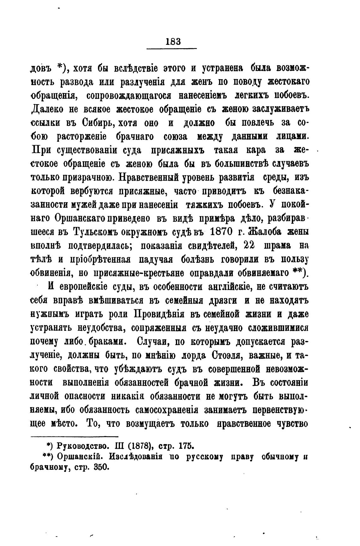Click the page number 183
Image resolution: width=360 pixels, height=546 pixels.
coord(172,41)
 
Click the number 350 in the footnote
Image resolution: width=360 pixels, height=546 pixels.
coord(101,467)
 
